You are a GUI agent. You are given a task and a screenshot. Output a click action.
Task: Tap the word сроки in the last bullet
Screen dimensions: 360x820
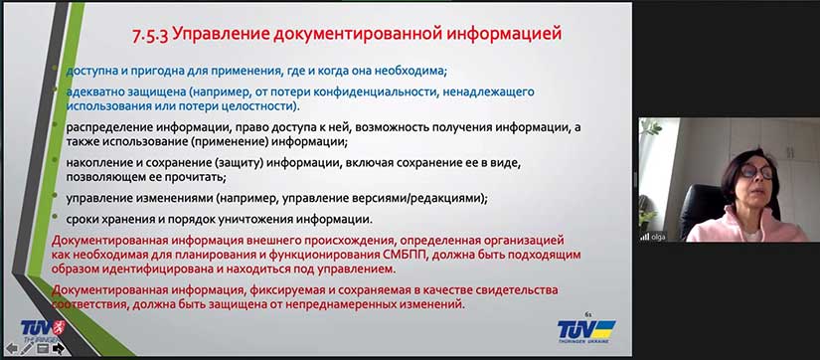point(83,219)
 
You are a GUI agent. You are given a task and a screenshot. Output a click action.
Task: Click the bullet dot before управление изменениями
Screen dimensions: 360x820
point(59,198)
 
